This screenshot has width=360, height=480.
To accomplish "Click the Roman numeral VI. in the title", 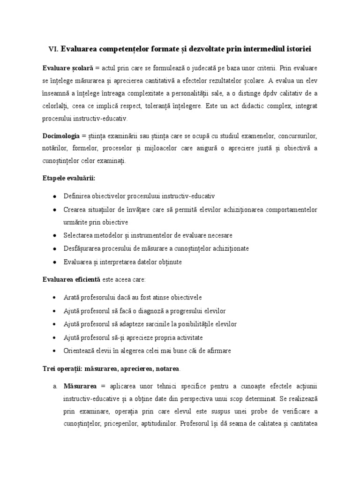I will pos(53,49).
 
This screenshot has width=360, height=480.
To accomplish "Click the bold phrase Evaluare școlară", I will pos(68,67).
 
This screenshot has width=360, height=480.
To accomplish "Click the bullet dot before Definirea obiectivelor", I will pos(55,196).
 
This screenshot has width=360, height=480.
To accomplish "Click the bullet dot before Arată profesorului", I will pos(55,298).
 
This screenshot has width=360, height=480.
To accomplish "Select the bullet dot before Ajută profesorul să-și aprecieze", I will pos(55,337).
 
